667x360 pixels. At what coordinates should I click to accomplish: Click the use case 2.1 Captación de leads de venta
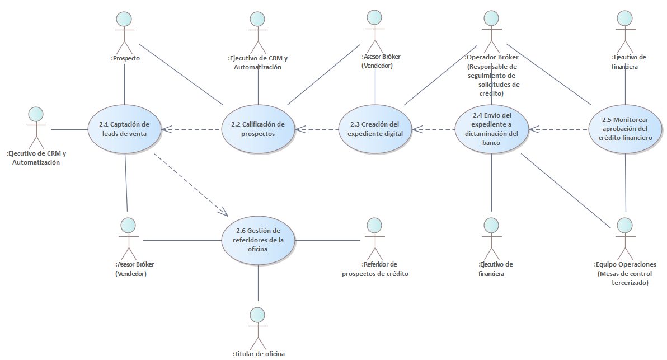124,129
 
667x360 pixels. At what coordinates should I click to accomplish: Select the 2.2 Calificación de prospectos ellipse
258,129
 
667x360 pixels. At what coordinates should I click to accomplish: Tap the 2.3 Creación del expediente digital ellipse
375,129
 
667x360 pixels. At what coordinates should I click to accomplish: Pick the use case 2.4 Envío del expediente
491,129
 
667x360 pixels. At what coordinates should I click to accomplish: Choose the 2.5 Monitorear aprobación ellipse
625,129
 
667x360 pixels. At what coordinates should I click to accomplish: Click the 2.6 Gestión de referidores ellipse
258,240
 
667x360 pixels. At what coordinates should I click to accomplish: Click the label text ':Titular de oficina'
258,354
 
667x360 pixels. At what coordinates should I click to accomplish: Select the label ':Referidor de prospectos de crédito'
375,269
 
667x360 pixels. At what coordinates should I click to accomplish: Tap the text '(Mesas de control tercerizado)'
624,278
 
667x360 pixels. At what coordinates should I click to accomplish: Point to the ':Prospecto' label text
125,58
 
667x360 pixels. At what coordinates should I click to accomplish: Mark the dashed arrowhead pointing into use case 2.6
224,212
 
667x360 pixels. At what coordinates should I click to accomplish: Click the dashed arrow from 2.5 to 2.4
560,130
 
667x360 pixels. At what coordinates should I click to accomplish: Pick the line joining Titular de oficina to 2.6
258,283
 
